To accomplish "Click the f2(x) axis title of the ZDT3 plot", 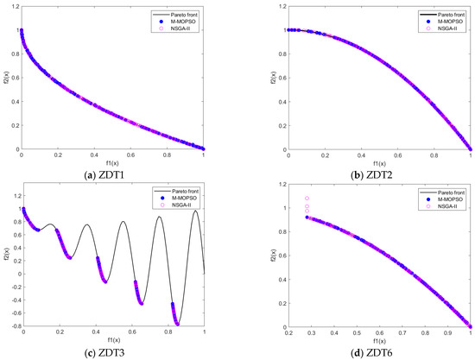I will (6, 256).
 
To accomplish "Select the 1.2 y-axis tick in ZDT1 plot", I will (14, 6).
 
